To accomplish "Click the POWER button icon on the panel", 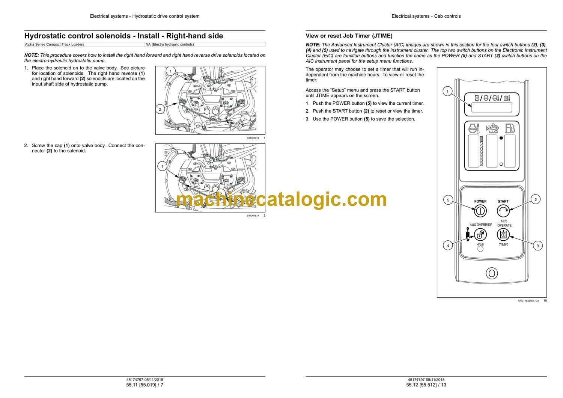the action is click(480, 211).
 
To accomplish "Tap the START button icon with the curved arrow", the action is click(503, 211).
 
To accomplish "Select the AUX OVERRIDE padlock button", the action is click(480, 235).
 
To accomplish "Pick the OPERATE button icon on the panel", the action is click(503, 235).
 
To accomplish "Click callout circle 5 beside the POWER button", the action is click(448, 200).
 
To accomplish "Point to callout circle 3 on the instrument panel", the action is click(537, 246).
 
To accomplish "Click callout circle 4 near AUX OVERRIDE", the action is click(448, 246).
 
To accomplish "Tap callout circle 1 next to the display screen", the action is click(447, 91).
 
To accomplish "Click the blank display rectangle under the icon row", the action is click(492, 107).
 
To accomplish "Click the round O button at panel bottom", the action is click(492, 273).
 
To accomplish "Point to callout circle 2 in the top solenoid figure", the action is click(160, 109).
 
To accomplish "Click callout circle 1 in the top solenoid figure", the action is click(171, 71).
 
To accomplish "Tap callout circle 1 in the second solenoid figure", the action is click(162, 166).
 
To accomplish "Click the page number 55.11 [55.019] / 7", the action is click(145, 385).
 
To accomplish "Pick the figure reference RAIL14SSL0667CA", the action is click(528, 301).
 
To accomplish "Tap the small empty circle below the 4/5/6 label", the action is click(480, 249).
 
